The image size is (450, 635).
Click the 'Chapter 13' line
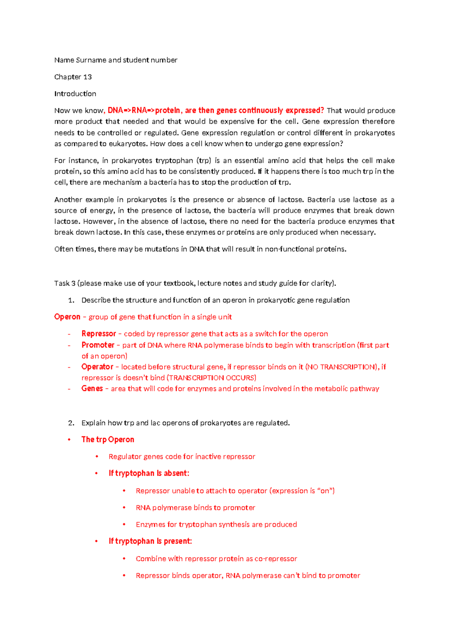point(73,77)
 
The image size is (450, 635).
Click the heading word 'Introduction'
point(75,94)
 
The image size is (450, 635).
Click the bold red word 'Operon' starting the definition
point(67,317)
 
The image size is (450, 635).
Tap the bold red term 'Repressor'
point(99,334)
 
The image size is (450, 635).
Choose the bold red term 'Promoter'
point(98,345)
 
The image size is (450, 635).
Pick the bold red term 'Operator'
point(97,367)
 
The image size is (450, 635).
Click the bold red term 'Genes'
point(92,389)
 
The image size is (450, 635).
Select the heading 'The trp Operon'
point(108,440)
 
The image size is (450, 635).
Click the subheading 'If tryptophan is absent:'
point(149,474)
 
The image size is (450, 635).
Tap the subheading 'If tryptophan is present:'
point(150,541)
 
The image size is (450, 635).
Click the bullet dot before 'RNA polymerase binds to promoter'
point(124,508)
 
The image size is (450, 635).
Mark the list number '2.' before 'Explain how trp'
point(71,423)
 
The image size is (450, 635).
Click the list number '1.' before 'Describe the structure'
point(71,300)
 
